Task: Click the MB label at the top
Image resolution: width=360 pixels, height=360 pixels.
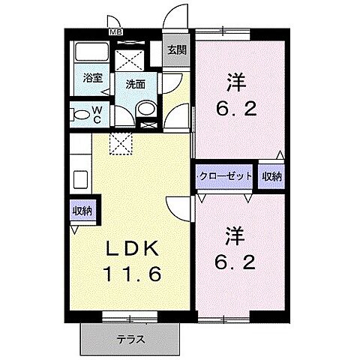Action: coord(116,31)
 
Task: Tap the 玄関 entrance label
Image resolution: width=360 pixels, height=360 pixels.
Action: coord(176,50)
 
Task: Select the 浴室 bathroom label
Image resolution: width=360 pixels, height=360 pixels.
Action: coord(92,77)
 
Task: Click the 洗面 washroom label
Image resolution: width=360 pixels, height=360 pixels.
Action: coord(135,84)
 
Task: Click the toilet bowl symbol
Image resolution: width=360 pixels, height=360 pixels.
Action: coord(80,115)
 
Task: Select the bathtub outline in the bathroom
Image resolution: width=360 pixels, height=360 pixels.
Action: coord(92,53)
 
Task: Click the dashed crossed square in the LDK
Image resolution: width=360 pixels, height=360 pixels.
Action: coord(119,141)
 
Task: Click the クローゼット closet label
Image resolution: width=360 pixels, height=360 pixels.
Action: coord(226,178)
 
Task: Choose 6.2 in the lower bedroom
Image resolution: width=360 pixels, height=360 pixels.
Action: coord(235,264)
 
